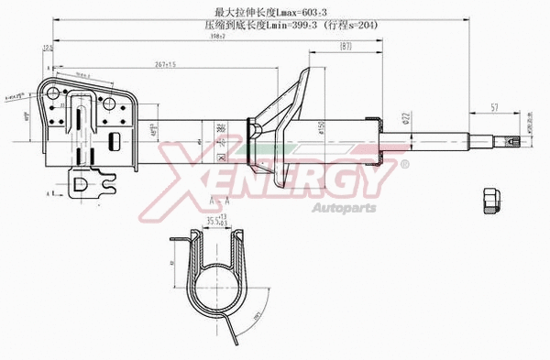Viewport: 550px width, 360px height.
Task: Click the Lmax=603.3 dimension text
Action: (x=275, y=12)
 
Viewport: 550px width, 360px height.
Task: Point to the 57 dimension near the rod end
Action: (x=495, y=108)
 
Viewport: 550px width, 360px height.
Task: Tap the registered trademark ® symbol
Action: (x=404, y=164)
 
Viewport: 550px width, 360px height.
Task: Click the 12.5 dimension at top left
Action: (x=47, y=73)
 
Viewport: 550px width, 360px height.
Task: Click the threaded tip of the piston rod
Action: (x=513, y=140)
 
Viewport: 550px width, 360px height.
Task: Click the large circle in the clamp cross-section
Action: (x=217, y=291)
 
